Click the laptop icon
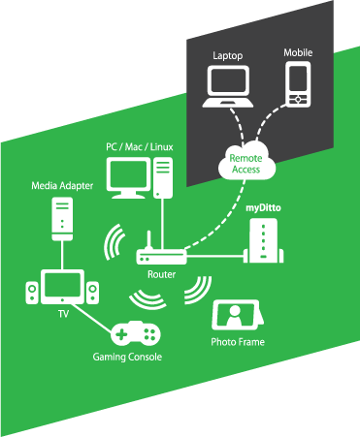[x=228, y=86]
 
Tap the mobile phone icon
[x=298, y=84]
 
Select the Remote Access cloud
[x=246, y=161]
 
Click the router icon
[x=161, y=252]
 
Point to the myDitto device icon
[x=263, y=240]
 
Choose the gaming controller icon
[x=136, y=333]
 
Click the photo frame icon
[x=238, y=315]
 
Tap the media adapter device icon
[x=62, y=219]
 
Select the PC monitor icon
[x=128, y=178]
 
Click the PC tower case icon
[x=163, y=177]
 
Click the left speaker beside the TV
[x=32, y=293]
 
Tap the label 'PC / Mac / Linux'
[x=140, y=147]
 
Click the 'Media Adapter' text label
[x=62, y=186]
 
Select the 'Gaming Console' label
[x=127, y=357]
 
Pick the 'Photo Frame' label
[x=238, y=342]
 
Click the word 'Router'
[x=161, y=274]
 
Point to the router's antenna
[x=149, y=240]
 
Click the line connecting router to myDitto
[x=214, y=257]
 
